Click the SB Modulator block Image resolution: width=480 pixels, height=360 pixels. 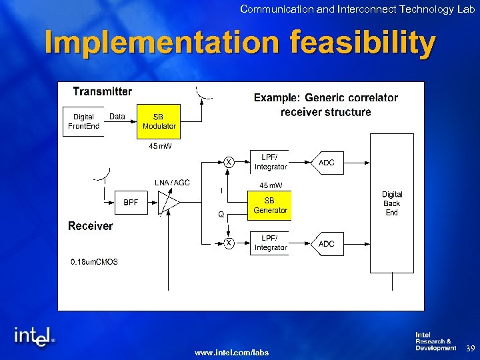tap(159, 121)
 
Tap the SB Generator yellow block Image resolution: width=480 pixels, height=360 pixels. tap(270, 205)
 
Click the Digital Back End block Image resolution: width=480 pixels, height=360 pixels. tap(392, 203)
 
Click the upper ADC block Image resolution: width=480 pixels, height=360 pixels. tap(326, 163)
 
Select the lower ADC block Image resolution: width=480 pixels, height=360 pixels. tap(326, 244)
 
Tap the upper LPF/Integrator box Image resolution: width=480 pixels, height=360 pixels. tap(270, 162)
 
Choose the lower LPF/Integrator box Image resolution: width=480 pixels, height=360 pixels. tap(270, 243)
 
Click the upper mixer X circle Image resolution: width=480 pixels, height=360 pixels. tap(229, 162)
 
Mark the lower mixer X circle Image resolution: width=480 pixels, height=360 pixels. tap(229, 243)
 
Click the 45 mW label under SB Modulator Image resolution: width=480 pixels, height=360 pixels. tap(159, 145)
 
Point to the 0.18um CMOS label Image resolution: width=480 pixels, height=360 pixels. tap(94, 262)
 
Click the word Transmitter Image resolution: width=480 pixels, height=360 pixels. tap(102, 92)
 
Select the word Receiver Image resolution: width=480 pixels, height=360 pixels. tap(91, 226)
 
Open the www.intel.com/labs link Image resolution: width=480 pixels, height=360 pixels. tap(231, 352)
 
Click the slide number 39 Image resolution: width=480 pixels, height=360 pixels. tap(469, 348)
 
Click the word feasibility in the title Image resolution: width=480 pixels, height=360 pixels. tap(363, 43)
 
